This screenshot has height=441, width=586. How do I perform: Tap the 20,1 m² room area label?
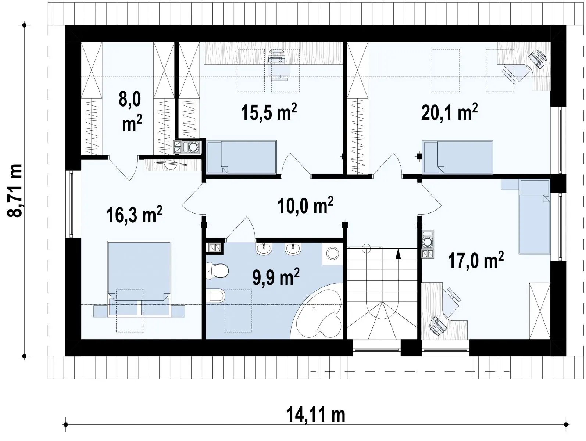(x=449, y=112)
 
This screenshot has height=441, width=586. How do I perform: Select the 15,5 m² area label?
(x=269, y=112)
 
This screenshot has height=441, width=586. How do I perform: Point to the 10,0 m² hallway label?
(x=305, y=205)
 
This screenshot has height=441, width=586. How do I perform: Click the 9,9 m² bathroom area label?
(x=276, y=277)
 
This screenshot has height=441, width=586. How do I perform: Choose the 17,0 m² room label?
(x=475, y=261)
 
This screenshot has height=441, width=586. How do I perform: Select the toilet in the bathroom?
(x=217, y=271)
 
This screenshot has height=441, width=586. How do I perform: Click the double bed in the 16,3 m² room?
(x=139, y=279)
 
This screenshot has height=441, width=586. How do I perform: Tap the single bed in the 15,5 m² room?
(x=242, y=157)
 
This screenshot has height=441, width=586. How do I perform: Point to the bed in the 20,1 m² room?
(x=457, y=157)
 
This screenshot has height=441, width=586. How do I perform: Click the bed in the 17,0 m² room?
(x=534, y=216)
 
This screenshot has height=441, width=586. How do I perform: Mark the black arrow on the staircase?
(x=398, y=254)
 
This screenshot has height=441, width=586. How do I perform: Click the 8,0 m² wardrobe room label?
(x=131, y=112)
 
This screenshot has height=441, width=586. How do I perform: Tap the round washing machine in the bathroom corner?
(x=332, y=254)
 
